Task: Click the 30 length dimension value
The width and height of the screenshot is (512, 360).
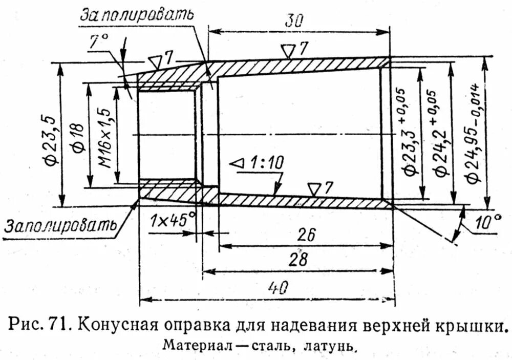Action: (x=295, y=20)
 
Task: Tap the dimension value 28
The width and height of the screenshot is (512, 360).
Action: (x=298, y=260)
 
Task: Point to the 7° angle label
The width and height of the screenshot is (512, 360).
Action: (x=97, y=44)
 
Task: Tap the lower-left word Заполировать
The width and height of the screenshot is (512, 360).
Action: (x=59, y=225)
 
